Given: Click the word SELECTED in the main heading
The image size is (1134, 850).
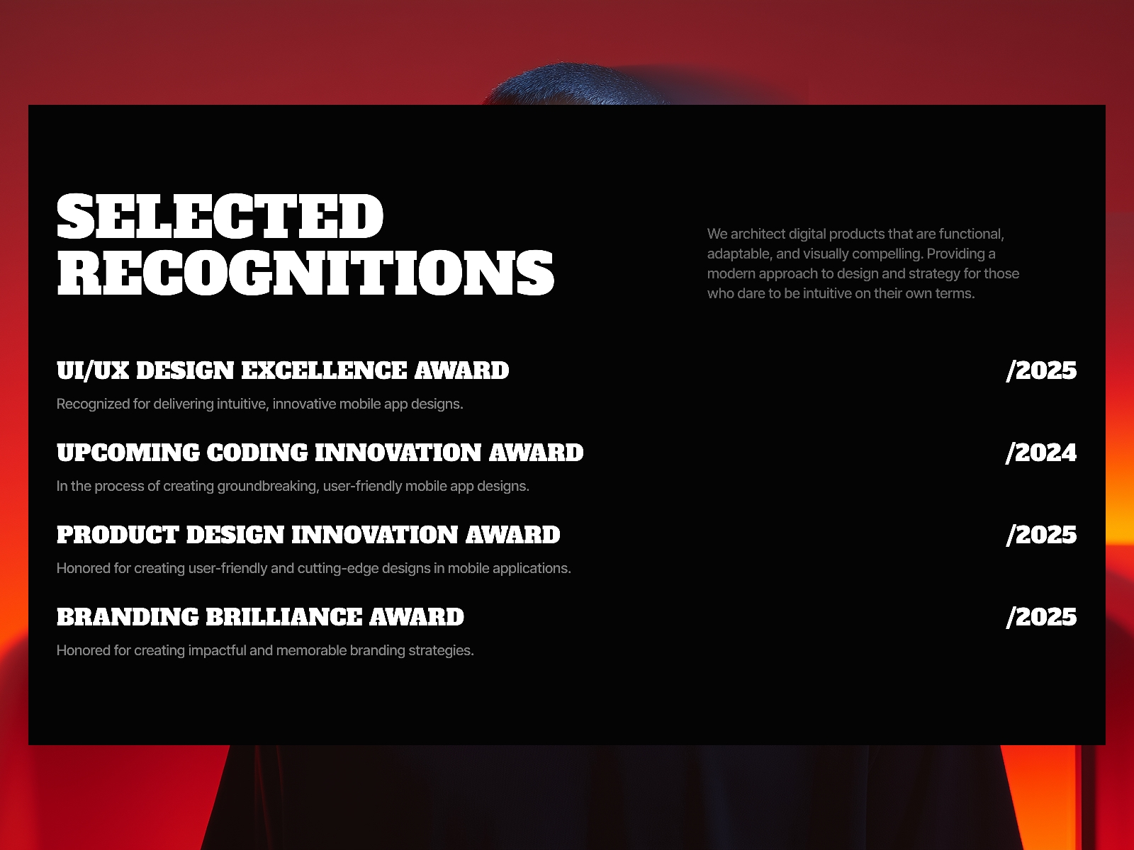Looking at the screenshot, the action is pos(220,216).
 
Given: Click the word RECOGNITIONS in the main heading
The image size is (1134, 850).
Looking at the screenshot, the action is pos(305,273).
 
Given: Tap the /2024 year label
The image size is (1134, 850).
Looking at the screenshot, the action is pos(1041,453).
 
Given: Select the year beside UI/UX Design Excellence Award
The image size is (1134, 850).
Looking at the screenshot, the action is pos(1041,370).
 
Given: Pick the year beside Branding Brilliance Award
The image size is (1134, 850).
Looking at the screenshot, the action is pos(1041,617).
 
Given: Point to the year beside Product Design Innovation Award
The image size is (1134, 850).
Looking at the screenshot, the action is pos(1041,535).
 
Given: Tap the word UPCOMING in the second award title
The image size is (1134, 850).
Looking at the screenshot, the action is pos(128,453).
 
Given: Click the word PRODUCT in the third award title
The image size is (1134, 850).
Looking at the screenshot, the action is pos(118,535).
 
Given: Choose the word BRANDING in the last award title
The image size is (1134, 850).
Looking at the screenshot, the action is pos(128,617).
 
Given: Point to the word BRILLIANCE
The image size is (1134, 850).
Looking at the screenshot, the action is pos(284,617).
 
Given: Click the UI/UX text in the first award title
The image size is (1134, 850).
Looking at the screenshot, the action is pos(93,370).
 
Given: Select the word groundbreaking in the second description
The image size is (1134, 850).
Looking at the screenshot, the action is pos(266,486).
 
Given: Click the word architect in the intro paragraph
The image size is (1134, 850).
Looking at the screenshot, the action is pos(758,234).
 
